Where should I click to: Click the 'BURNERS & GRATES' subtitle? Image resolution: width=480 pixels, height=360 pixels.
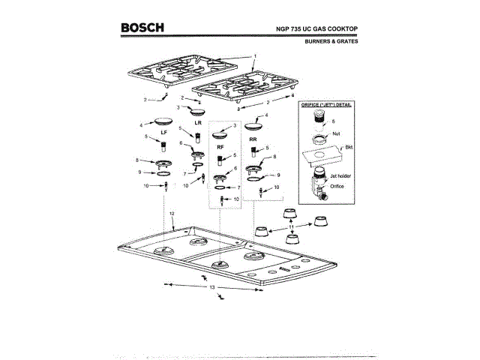(331, 42)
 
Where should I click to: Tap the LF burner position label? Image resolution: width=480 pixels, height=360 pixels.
(163, 131)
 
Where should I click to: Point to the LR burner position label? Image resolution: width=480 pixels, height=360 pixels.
(199, 121)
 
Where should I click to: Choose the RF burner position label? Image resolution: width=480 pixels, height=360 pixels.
(220, 148)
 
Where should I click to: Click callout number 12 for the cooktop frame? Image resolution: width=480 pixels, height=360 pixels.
(172, 214)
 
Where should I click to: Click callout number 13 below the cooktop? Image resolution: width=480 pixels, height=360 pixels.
(212, 287)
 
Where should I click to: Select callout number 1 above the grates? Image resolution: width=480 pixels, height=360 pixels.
(255, 56)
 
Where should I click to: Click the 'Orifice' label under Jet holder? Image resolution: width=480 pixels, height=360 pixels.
(336, 186)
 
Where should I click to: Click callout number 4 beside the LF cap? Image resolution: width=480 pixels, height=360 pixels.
(141, 124)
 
